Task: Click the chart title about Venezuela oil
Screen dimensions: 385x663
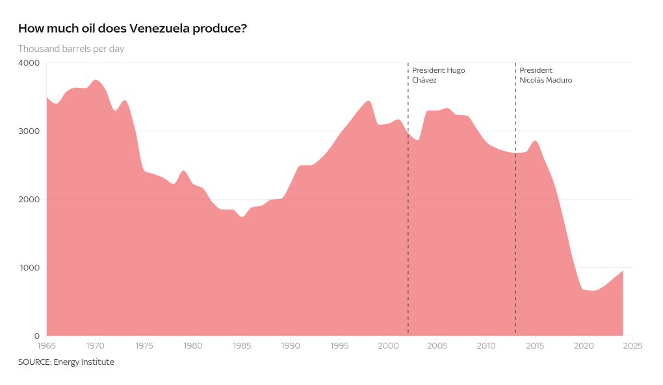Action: tap(133, 29)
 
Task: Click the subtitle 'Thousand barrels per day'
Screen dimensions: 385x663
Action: tap(71, 49)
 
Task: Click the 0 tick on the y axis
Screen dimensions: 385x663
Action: tap(37, 336)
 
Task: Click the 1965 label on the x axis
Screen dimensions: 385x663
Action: tap(47, 345)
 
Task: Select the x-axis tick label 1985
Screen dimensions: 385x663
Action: tap(242, 345)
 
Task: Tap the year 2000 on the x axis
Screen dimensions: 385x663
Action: tap(388, 345)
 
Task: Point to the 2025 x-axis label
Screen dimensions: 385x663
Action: tap(632, 345)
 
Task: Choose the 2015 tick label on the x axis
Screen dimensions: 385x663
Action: tap(535, 345)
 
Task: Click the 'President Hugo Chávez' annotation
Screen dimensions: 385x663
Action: tap(438, 75)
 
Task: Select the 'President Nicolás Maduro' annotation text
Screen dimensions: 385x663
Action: tap(546, 75)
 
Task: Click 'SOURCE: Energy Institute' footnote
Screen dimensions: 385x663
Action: tap(66, 362)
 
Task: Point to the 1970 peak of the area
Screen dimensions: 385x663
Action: tap(96, 80)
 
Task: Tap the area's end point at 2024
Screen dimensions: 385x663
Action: tap(623, 271)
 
